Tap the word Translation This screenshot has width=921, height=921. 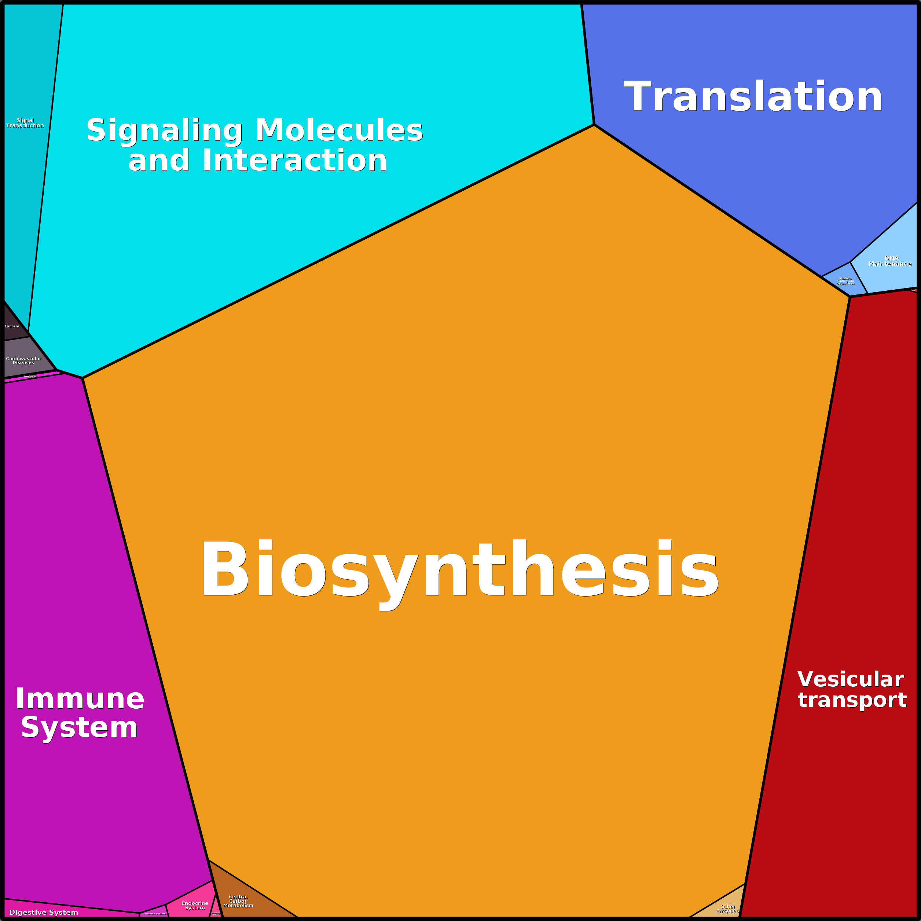point(753,97)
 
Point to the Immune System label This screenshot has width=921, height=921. point(80,713)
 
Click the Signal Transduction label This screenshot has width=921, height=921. point(25,123)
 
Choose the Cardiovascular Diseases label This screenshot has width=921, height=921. point(23,360)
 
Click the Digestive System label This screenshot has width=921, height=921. point(44,912)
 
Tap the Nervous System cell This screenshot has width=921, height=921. point(155,913)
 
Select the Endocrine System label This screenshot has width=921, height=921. point(194,905)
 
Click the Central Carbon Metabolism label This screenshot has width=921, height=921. point(238,901)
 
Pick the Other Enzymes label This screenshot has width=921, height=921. point(727,909)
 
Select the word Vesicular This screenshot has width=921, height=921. point(851,679)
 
